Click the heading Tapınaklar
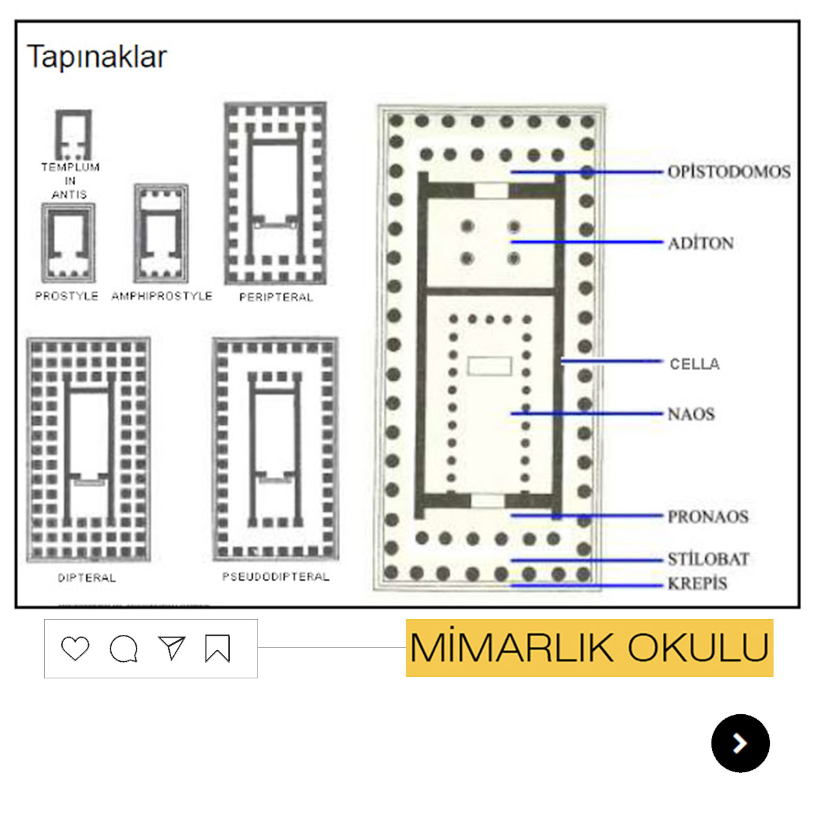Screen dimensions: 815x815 tap(97, 57)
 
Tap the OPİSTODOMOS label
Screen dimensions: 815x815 tap(729, 172)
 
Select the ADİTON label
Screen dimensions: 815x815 tap(700, 243)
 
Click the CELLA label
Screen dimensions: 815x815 tap(694, 364)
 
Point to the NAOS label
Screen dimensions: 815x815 tap(691, 414)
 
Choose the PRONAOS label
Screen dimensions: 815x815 tap(707, 516)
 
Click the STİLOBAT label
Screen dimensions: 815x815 tap(708, 559)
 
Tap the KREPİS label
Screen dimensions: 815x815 tap(697, 584)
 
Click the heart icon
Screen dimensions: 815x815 tap(75, 649)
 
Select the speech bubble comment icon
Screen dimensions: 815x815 tap(124, 649)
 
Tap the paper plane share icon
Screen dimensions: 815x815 tap(171, 648)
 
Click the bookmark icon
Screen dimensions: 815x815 tap(217, 649)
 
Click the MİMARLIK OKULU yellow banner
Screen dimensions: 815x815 tap(589, 648)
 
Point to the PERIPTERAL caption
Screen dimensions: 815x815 tap(276, 297)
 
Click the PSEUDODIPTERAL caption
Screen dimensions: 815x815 tap(276, 577)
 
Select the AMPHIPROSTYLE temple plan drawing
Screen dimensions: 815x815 tap(161, 233)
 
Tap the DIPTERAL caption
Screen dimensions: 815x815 tap(87, 578)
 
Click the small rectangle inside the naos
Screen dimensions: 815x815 tap(489, 366)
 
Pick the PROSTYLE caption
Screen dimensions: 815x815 tap(67, 296)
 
